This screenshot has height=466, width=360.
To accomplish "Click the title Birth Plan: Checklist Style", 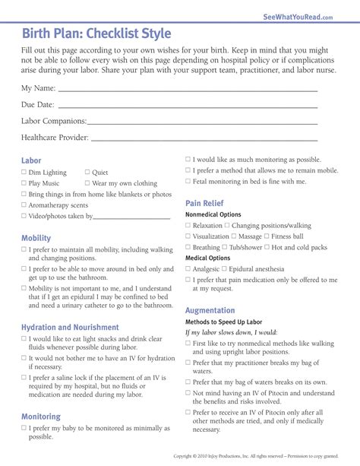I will tap(96, 34).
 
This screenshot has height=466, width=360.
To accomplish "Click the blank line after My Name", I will tap(188, 90).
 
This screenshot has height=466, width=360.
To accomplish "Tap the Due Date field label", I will tap(38, 105).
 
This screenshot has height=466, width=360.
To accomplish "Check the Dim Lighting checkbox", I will tap(24, 173).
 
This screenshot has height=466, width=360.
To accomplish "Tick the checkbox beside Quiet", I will tap(87, 173).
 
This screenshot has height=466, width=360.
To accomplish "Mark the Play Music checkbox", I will tap(24, 183).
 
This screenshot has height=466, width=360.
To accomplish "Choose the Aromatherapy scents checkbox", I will tap(24, 205).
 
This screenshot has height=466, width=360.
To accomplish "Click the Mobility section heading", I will tap(36, 238).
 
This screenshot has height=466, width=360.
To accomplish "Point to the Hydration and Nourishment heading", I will tap(70, 327).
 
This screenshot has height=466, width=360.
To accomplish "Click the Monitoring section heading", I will tap(41, 417).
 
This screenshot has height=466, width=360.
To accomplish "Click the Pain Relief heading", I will tap(204, 203).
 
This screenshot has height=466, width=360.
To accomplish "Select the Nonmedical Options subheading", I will tap(213, 215).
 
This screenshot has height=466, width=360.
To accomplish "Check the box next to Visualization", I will tap(188, 236).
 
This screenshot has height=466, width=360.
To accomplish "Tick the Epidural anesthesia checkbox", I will tap(225, 269).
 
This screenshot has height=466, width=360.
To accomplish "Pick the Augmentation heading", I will tap(210, 310).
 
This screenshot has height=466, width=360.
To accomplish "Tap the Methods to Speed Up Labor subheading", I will tap(224, 322).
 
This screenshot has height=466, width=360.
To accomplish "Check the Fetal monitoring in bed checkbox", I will tap(188, 182).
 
